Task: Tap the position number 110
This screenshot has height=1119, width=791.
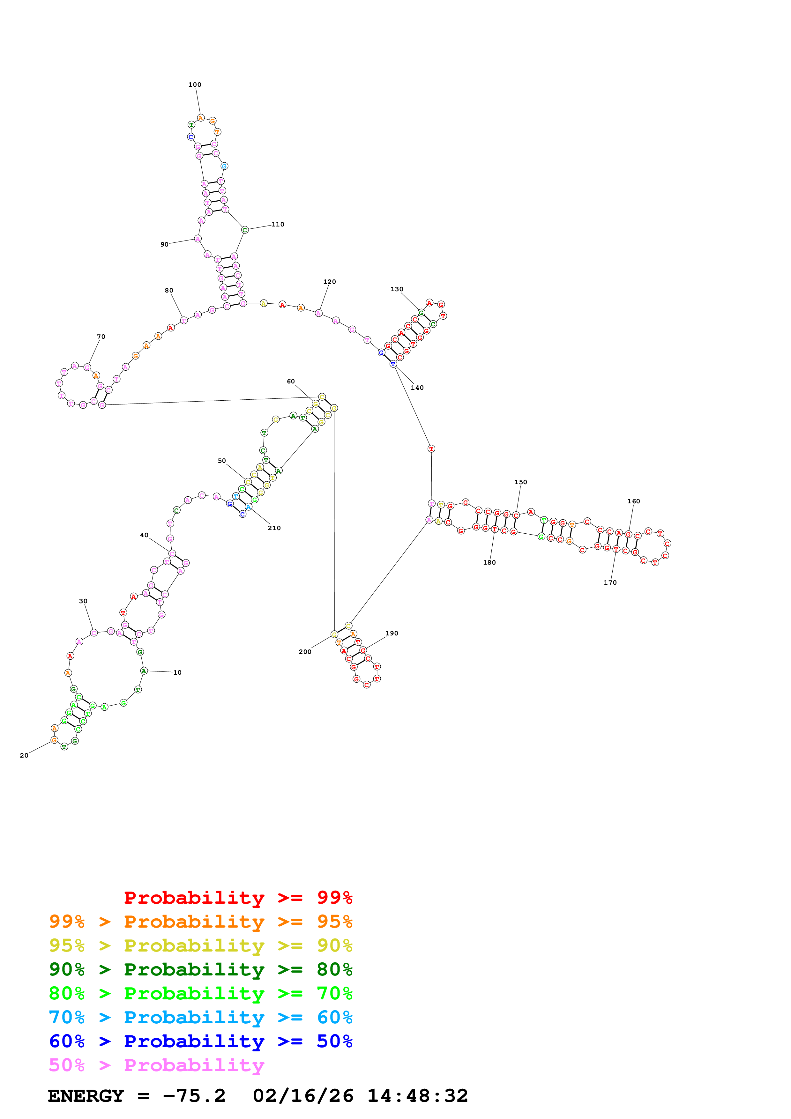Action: [278, 225]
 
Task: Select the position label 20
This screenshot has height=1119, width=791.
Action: [24, 755]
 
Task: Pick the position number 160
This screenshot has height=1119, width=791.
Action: [634, 501]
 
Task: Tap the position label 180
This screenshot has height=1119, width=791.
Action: [489, 562]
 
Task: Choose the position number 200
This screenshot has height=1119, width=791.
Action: [305, 652]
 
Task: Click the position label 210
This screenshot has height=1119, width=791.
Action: [274, 528]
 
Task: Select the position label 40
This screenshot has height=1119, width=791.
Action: [144, 535]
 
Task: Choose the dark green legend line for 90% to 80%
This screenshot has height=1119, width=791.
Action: [200, 969]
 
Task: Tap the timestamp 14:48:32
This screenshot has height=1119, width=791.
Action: [418, 1096]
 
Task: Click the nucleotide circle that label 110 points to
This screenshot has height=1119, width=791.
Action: [245, 230]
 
